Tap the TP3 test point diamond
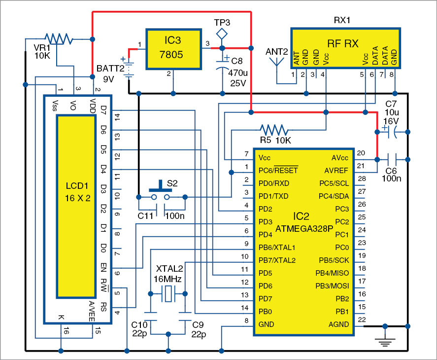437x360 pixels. point(222,34)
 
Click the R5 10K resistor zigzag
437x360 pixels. point(274,130)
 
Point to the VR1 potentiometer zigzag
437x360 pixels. point(58,38)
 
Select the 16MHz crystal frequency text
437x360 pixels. point(168,279)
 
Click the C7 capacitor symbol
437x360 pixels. point(393,132)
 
